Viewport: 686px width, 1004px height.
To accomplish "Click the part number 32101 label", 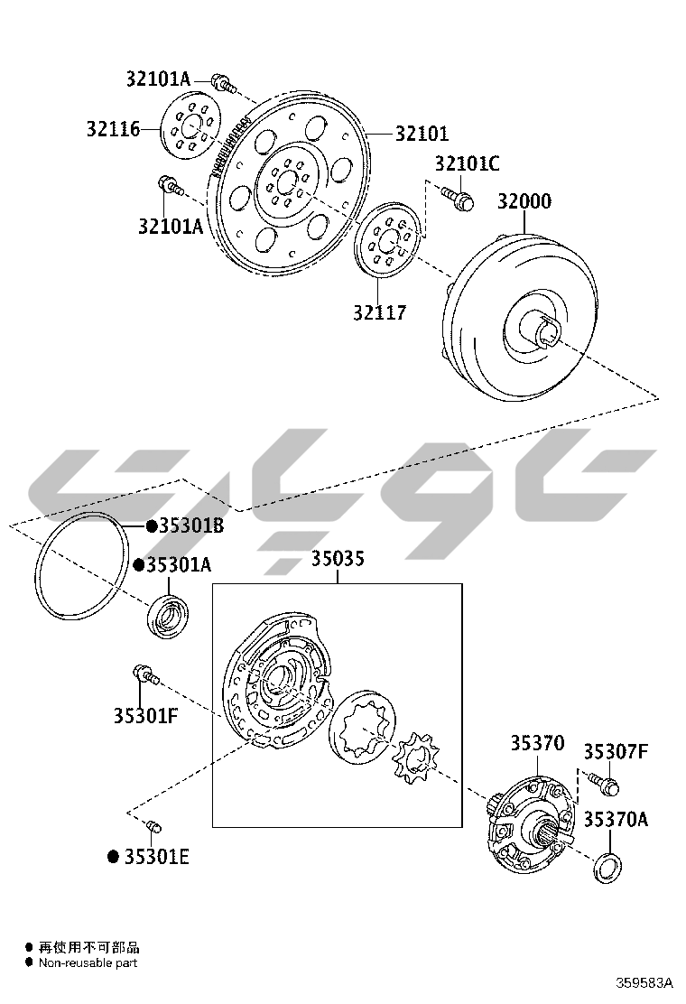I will tap(422, 134).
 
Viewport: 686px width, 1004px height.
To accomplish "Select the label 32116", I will tap(114, 129).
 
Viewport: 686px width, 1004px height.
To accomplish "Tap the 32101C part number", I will tap(467, 163).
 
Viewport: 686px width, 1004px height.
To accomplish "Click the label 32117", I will tap(380, 313).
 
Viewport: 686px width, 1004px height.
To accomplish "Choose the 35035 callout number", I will tap(338, 559).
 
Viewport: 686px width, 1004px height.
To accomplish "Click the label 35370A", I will tap(615, 820).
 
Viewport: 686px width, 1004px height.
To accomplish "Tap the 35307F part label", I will tap(615, 751).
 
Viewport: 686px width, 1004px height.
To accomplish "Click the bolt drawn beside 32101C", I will tap(459, 197).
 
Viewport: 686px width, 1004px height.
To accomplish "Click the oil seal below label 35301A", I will tap(169, 616).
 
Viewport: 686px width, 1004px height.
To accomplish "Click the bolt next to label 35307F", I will tap(602, 782).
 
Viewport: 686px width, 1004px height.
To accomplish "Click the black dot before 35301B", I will tap(151, 525).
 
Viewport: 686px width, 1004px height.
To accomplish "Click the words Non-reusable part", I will tap(89, 963).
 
